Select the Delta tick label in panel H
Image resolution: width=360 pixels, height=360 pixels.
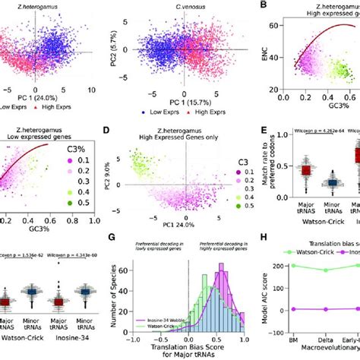pyautogui.click(x=326, y=342)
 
